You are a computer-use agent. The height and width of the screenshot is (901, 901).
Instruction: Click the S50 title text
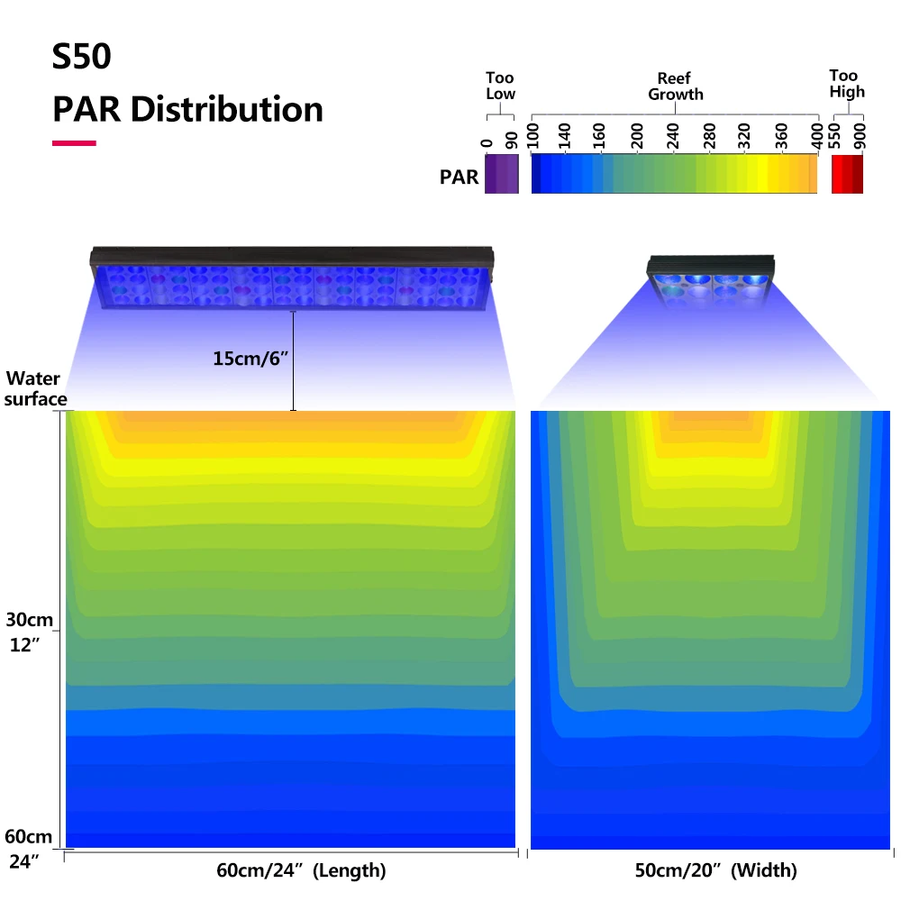(81, 57)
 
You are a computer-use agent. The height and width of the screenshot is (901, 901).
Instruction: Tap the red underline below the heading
(74, 142)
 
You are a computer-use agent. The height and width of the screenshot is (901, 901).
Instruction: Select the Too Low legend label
(500, 86)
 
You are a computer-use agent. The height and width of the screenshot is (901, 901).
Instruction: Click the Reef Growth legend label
(674, 86)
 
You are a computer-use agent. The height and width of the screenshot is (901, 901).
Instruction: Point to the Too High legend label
(847, 84)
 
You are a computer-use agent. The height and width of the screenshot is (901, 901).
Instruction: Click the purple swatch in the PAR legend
(502, 174)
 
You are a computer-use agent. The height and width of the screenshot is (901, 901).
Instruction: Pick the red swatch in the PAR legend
(847, 174)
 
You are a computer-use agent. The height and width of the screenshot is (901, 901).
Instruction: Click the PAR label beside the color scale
(459, 177)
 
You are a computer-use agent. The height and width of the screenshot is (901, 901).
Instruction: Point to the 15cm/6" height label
(249, 358)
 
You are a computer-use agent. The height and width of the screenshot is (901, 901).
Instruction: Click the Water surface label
(36, 388)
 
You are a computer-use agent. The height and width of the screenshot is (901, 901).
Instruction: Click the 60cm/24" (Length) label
(301, 870)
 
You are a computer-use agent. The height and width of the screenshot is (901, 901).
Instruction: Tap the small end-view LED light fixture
(711, 278)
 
